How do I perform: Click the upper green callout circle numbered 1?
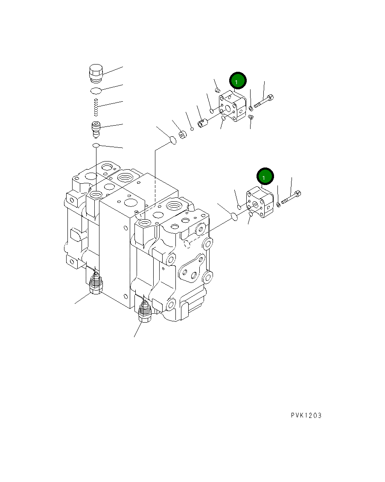[x=238, y=80]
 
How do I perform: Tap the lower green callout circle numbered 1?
[x=265, y=176]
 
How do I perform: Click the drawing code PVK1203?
[x=306, y=415]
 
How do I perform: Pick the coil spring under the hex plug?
[x=96, y=107]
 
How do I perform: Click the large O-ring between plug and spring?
[x=96, y=90]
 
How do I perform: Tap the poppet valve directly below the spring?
[x=96, y=129]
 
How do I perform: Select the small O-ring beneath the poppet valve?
[x=96, y=146]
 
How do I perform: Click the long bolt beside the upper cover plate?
[x=264, y=102]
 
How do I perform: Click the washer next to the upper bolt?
[x=251, y=108]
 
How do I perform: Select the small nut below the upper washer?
[x=251, y=117]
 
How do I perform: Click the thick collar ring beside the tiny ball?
[x=183, y=136]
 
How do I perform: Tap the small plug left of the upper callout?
[x=218, y=90]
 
